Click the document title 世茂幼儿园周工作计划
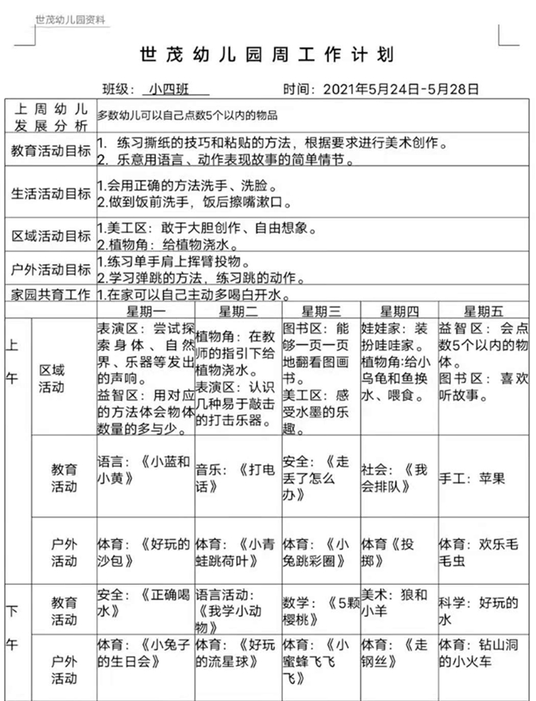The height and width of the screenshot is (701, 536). point(267,55)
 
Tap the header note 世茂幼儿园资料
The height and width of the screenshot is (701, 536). point(71,20)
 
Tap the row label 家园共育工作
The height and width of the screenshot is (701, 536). point(50,295)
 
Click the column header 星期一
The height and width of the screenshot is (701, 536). point(146,310)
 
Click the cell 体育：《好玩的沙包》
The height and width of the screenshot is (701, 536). point(145,551)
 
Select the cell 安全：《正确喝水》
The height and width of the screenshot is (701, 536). point(145,603)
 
